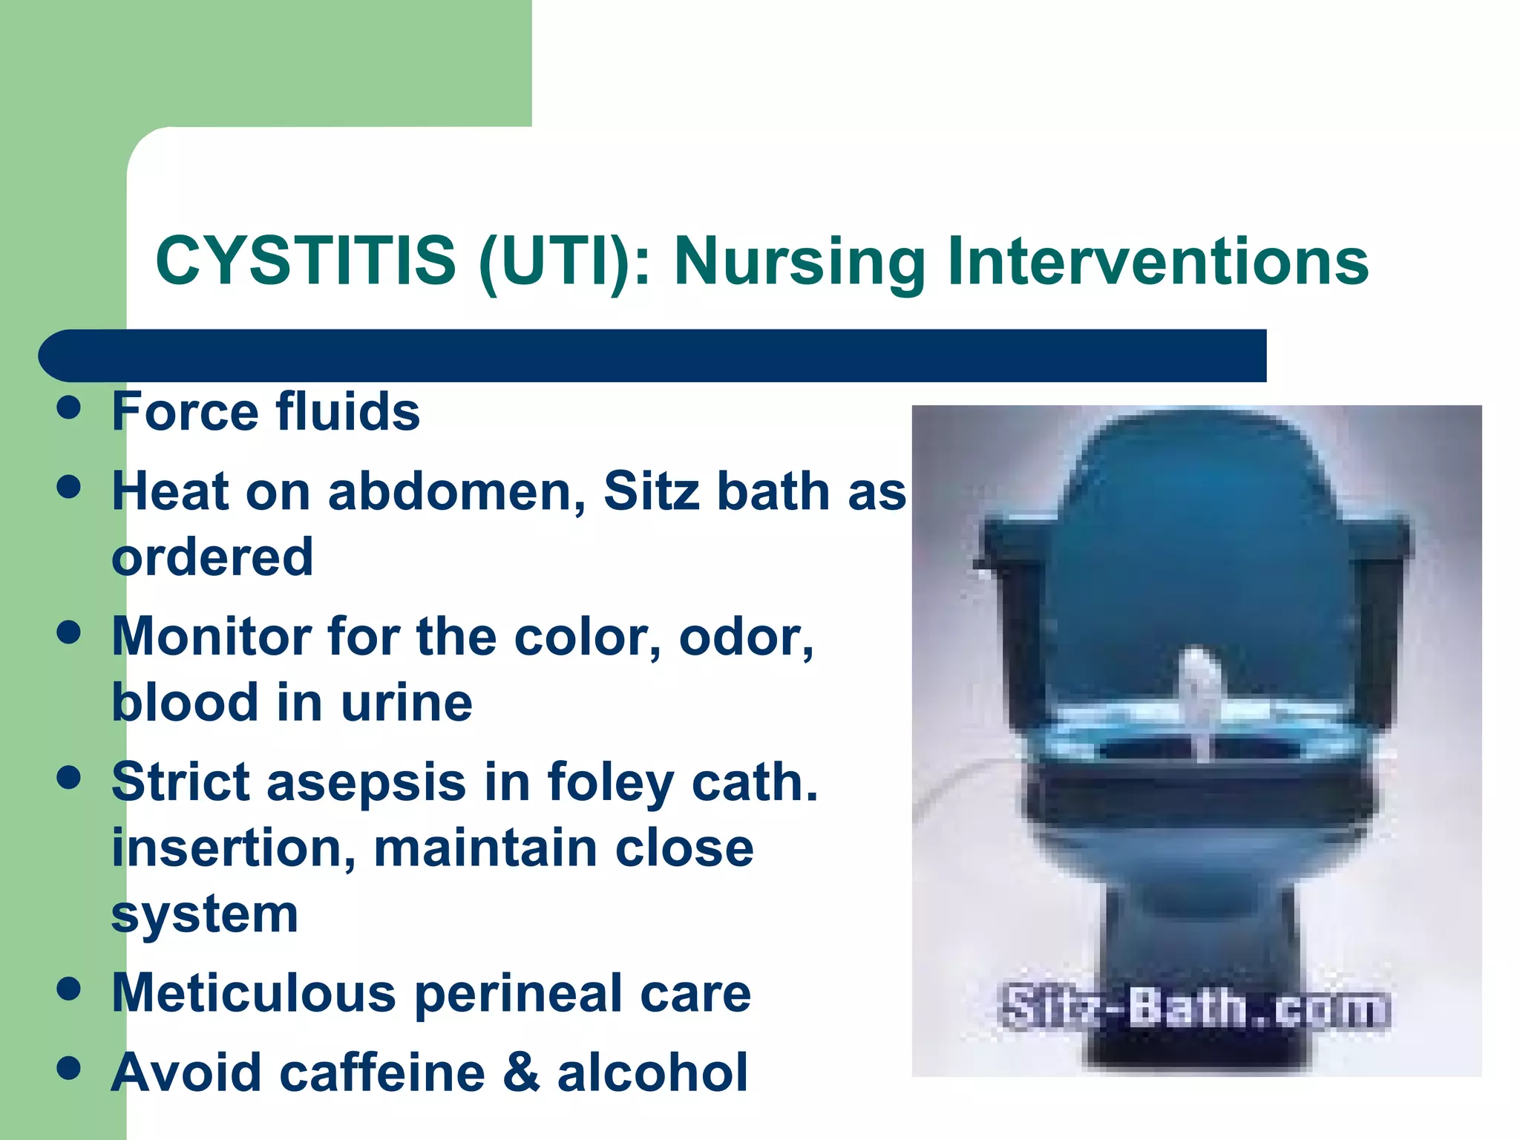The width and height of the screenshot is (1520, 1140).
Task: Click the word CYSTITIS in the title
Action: [305, 261]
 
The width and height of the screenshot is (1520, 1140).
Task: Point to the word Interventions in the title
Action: [1158, 261]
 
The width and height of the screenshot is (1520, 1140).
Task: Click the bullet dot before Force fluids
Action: [68, 407]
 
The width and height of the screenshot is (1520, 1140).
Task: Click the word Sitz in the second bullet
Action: [652, 491]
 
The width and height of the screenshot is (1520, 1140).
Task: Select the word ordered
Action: [212, 557]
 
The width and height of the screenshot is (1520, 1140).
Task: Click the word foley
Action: [610, 782]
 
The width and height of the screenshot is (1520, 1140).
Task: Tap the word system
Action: [205, 914]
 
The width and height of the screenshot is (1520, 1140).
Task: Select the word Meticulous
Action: [253, 993]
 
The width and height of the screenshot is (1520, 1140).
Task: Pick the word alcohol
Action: [652, 1072]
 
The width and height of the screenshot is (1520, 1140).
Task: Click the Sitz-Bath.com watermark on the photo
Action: [1194, 1008]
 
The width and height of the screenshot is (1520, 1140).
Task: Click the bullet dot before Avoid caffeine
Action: [68, 1069]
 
